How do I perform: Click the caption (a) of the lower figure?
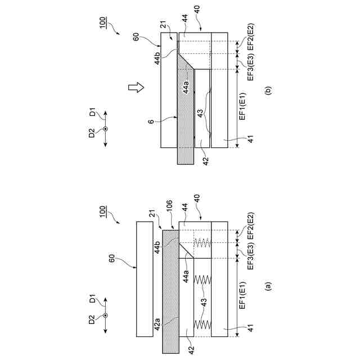268,285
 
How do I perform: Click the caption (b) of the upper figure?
268,88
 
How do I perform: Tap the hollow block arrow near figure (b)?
135,87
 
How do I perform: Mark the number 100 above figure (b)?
102,24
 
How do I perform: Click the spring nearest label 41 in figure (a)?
202,325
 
